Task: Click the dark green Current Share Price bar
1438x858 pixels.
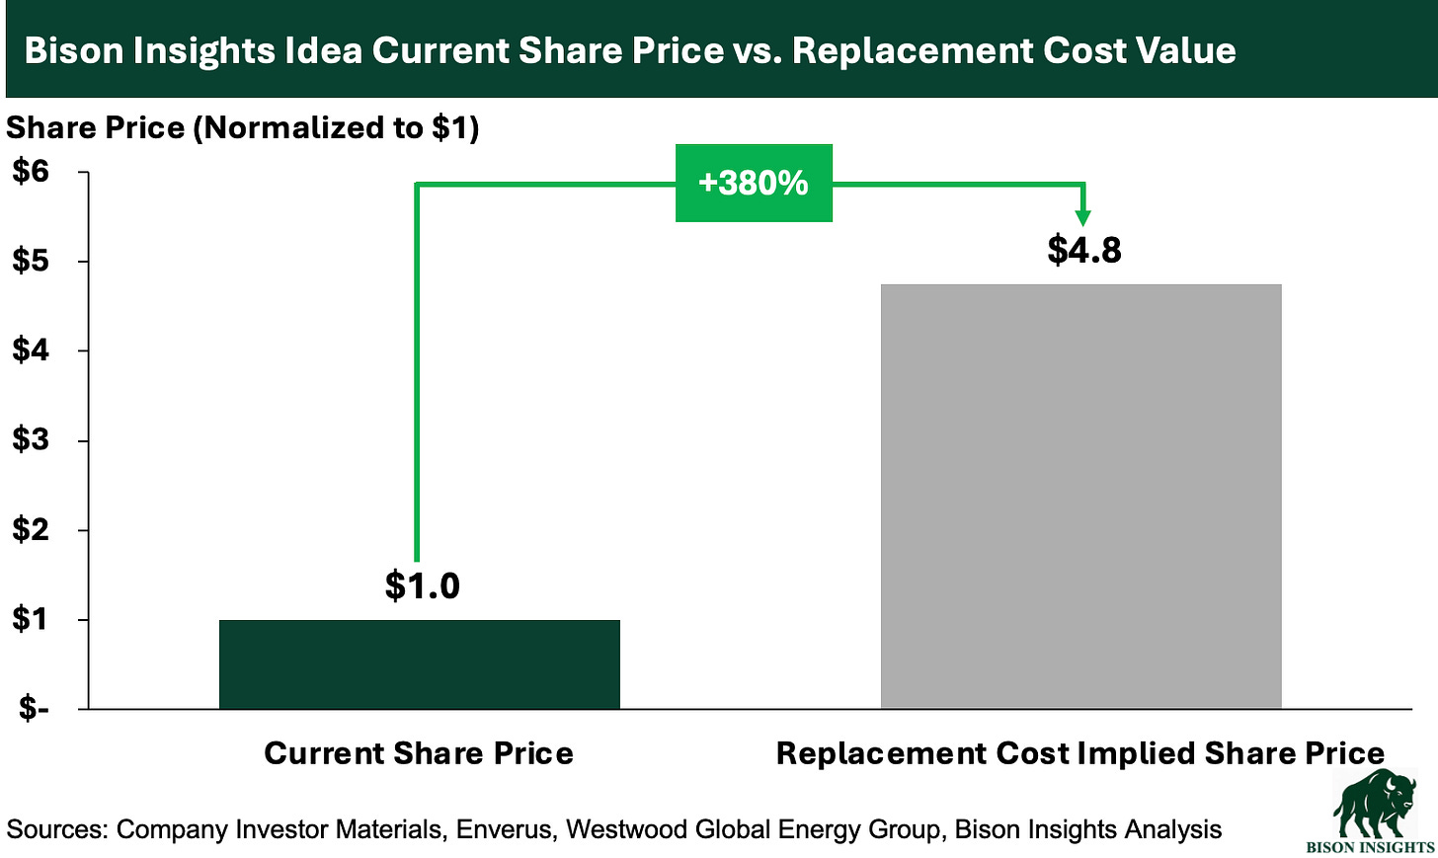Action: coord(419,663)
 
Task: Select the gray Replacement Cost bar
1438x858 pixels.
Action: coord(1080,496)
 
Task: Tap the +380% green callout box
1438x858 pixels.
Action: coord(754,183)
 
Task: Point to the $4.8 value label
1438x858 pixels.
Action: coord(1084,250)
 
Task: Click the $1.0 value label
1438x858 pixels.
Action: coord(422,585)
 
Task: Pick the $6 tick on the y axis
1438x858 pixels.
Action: coord(30,172)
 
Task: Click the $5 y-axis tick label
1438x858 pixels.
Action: coord(30,262)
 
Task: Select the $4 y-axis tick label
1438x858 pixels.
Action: coord(30,351)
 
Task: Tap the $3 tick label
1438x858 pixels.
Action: coord(30,440)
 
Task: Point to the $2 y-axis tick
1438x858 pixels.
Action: coord(30,530)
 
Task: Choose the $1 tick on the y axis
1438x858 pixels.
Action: coord(30,620)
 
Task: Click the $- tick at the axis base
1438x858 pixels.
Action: coord(30,709)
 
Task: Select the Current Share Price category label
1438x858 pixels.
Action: coord(419,753)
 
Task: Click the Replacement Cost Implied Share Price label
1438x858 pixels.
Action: coord(1080,753)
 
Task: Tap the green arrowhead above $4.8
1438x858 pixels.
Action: coord(1083,217)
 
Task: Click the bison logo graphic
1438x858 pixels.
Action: coord(1374,804)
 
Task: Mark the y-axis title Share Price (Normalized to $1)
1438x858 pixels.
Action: coord(243,127)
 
